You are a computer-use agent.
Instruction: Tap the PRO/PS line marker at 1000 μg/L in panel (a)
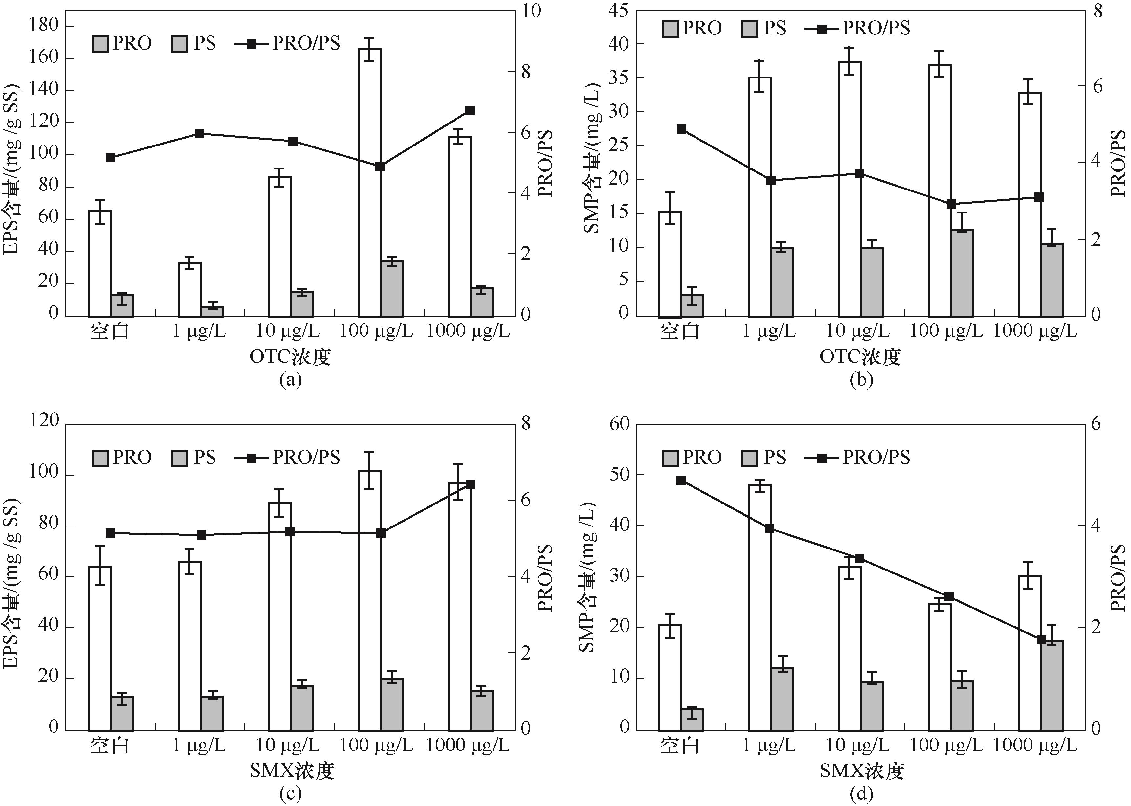[470, 111]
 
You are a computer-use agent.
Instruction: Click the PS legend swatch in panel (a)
[179, 44]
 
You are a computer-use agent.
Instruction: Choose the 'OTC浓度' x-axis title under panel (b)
[860, 357]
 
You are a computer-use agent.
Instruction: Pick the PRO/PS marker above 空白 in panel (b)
[681, 129]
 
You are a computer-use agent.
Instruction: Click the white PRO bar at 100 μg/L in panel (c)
[370, 600]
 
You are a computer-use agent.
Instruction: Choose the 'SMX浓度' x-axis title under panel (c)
[292, 770]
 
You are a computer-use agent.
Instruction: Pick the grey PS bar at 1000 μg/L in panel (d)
[1052, 685]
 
